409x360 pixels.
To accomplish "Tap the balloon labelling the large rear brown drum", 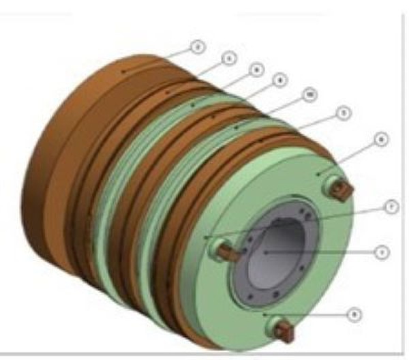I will [x=197, y=47].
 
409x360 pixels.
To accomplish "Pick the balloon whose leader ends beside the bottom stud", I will [x=353, y=314].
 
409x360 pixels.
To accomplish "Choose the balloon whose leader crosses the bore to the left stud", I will [x=390, y=206].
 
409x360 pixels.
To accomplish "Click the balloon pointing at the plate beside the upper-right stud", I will [x=380, y=139].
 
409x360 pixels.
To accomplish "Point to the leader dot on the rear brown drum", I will [x=123, y=70].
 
